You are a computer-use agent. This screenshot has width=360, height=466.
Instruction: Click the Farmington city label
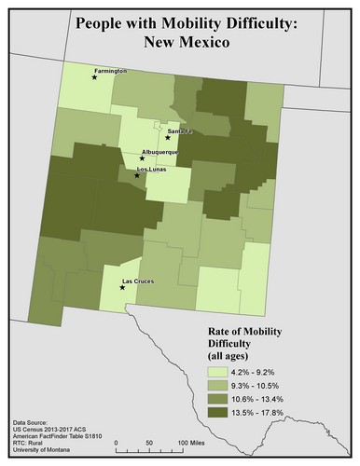(x=109, y=71)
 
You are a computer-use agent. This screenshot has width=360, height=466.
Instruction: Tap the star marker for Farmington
(x=93, y=78)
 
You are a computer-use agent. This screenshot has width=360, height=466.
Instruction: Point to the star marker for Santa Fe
(x=168, y=138)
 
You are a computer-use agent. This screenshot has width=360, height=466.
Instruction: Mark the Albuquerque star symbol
(x=142, y=158)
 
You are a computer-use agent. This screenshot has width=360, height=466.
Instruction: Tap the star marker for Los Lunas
(x=137, y=175)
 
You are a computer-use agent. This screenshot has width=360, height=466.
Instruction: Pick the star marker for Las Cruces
(x=123, y=288)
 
